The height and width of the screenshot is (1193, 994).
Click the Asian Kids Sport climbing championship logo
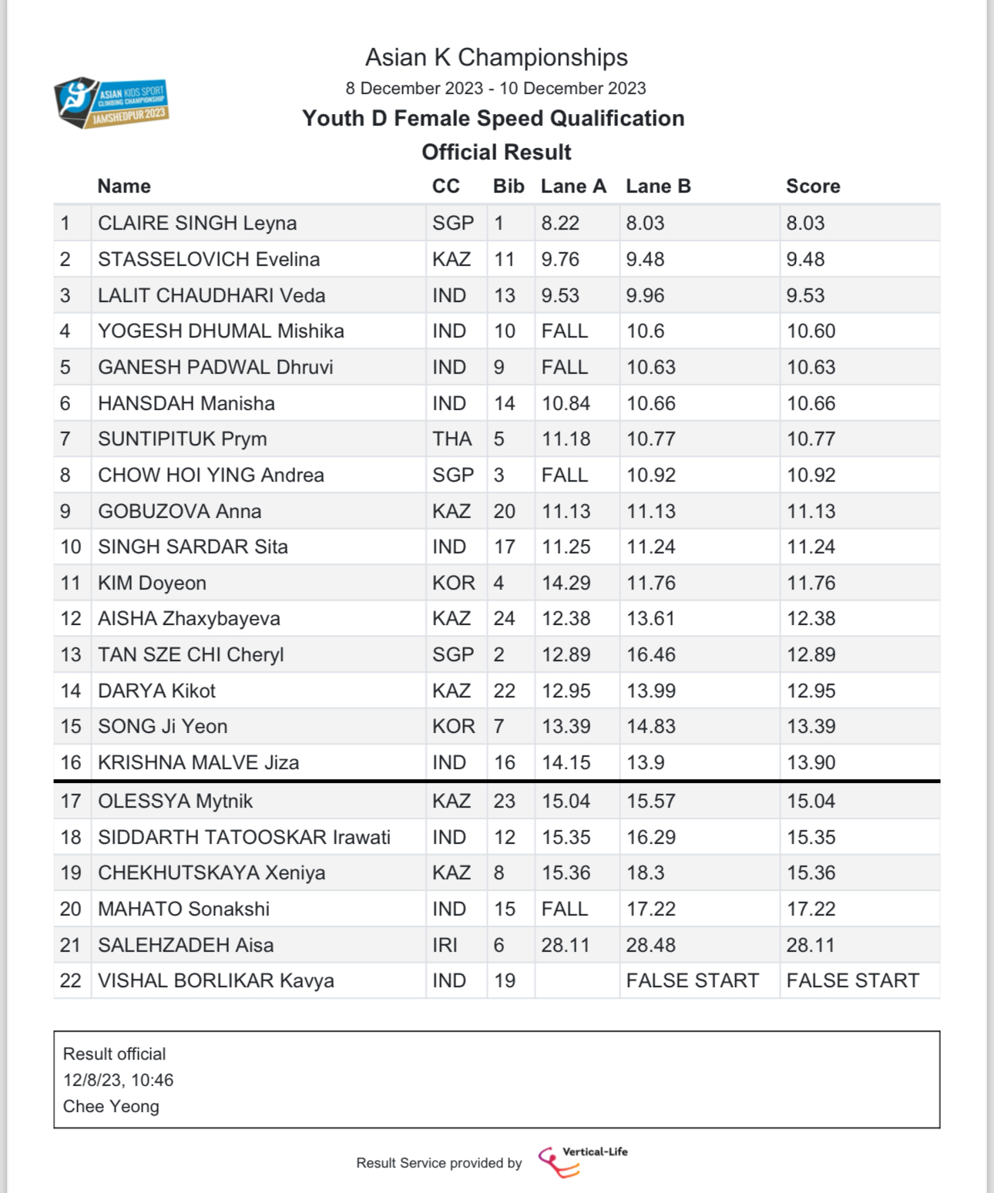(x=112, y=102)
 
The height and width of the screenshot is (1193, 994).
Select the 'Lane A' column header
(x=573, y=187)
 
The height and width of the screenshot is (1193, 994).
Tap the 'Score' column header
(x=813, y=187)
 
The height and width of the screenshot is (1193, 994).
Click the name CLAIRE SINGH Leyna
(x=197, y=223)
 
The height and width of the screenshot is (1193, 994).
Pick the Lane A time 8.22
(x=560, y=223)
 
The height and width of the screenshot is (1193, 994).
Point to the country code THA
(x=452, y=439)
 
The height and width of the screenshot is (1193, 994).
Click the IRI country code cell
(x=445, y=945)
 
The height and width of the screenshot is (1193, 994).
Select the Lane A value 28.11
(x=566, y=945)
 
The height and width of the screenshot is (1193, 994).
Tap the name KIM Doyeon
(x=152, y=583)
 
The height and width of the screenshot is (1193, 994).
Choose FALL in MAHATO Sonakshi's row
(x=565, y=909)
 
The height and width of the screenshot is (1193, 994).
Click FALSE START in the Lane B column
(x=693, y=981)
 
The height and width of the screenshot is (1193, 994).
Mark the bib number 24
(x=505, y=619)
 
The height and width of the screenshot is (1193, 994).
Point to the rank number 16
(x=71, y=763)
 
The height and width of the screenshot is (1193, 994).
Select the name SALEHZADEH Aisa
(x=186, y=945)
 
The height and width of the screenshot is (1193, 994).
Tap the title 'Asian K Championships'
(x=496, y=58)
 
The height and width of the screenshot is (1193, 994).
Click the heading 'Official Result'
(x=496, y=153)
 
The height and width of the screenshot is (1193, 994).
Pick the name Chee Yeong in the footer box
(x=111, y=1107)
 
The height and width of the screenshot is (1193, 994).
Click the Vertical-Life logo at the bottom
(x=583, y=1161)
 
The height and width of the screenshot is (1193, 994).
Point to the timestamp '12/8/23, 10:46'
(x=119, y=1080)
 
